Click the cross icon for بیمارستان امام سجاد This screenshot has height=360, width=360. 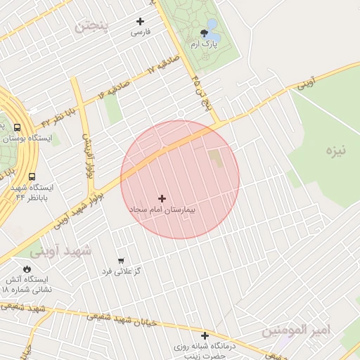pos(162,198)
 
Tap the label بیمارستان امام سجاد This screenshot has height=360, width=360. pos(162,210)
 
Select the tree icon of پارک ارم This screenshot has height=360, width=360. pos(205,32)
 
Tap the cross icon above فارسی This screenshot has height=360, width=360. pos(140,21)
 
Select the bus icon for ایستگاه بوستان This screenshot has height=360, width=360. pos(18,127)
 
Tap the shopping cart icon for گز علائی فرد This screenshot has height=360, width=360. pos(121,261)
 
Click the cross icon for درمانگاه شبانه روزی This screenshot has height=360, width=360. pos(205,335)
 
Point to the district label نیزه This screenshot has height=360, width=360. pos(337,150)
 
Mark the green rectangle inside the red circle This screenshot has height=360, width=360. pos(214,158)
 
